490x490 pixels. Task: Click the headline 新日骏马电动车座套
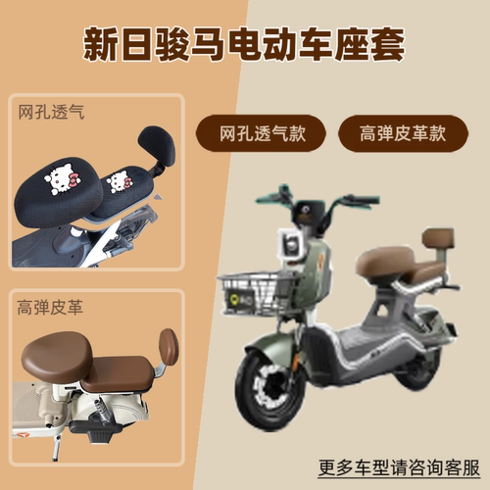coord(244,45)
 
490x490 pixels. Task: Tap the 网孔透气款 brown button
coord(261,133)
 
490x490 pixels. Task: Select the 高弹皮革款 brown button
coord(403,133)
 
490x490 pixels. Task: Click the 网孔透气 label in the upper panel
coord(51,112)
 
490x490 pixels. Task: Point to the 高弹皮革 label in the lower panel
coord(50,308)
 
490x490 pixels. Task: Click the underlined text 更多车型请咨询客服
coord(399,467)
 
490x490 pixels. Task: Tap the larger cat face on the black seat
coord(62,179)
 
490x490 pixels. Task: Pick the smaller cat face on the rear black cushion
coord(120,181)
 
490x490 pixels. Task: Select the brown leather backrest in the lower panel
coord(169,351)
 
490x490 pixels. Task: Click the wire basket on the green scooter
coord(259,293)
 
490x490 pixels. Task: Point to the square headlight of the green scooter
coord(289,245)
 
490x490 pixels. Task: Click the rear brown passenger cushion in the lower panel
coord(119,374)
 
